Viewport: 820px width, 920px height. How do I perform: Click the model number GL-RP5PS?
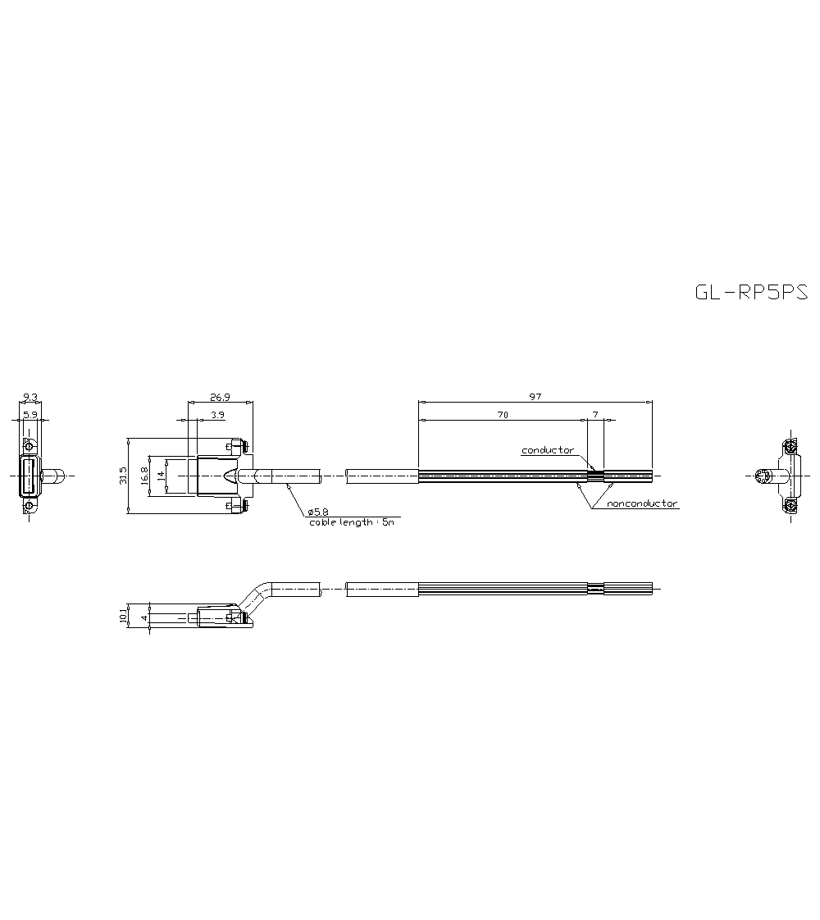(x=751, y=292)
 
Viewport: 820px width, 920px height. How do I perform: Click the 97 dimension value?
(x=535, y=397)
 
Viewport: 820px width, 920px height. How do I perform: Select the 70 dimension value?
(x=503, y=415)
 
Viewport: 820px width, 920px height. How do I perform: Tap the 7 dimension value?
(x=595, y=415)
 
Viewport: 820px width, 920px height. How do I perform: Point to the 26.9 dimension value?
(x=220, y=397)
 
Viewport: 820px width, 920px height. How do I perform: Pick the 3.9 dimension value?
(x=217, y=415)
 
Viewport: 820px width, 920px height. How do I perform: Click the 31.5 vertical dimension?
(x=122, y=476)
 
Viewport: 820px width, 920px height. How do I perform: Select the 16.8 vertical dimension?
(x=143, y=476)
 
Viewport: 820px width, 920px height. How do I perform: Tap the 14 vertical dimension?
(x=161, y=476)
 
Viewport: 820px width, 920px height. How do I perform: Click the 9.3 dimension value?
(x=30, y=398)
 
